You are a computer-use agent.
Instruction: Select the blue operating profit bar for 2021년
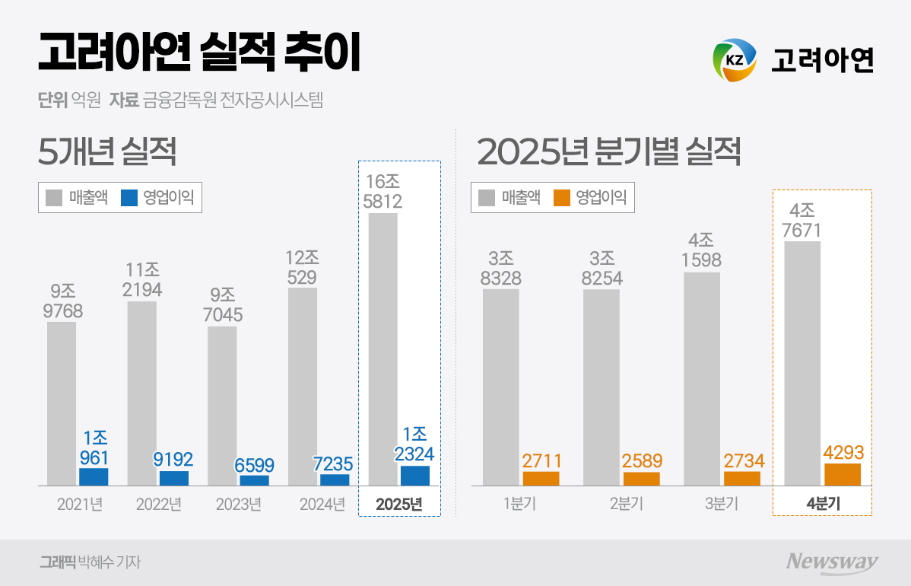click(94, 477)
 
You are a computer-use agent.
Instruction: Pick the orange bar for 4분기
click(843, 474)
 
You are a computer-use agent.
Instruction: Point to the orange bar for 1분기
click(541, 479)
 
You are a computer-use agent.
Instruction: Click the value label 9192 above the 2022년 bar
click(173, 460)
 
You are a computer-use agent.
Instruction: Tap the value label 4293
click(843, 453)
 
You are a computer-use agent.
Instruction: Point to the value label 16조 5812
click(382, 192)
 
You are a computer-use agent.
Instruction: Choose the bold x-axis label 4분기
click(822, 505)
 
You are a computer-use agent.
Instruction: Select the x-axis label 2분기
click(621, 505)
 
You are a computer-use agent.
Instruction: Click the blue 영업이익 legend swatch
click(129, 198)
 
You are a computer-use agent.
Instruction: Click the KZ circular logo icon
click(735, 59)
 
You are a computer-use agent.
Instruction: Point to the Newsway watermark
click(832, 562)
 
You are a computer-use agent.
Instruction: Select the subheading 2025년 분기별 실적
click(608, 153)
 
